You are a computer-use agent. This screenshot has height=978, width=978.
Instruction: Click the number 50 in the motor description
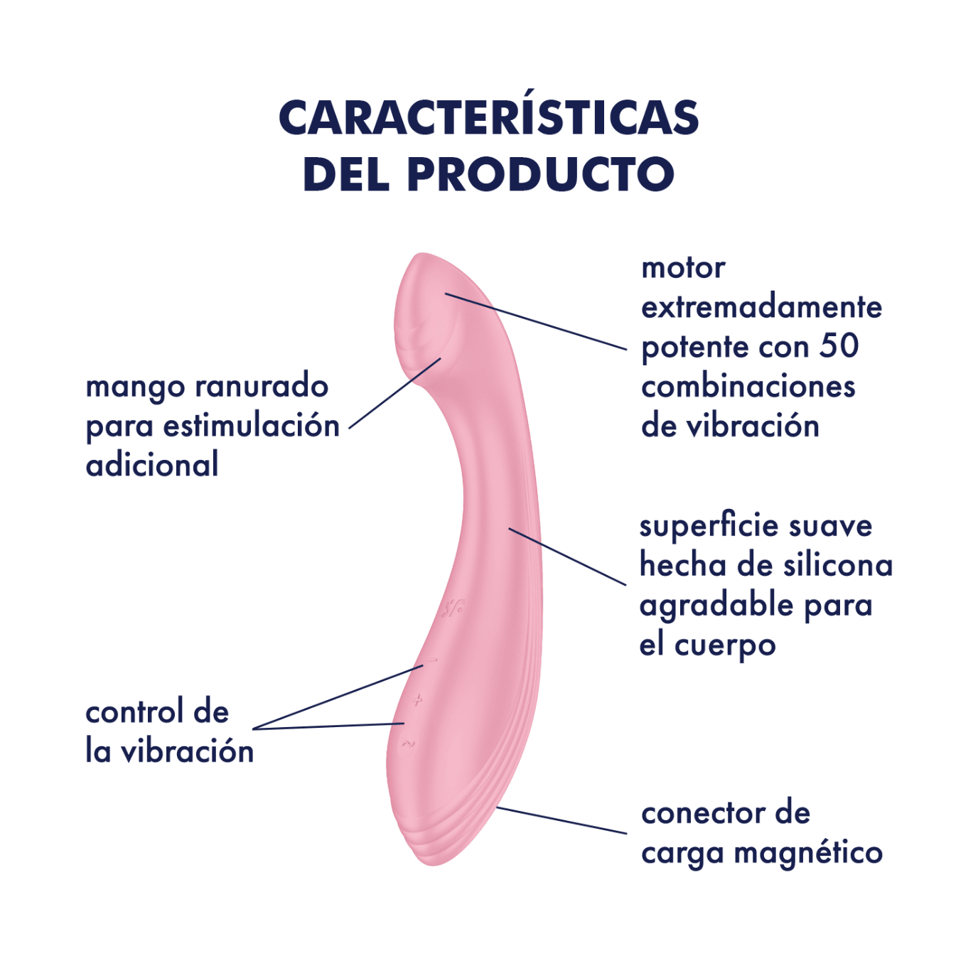(x=839, y=345)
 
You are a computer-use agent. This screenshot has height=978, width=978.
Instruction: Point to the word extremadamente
(x=761, y=307)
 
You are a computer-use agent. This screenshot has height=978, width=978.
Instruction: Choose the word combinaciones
(x=748, y=386)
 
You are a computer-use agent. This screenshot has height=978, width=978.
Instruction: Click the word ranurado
(x=262, y=386)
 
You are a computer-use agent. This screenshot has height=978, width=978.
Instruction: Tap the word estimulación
(x=251, y=425)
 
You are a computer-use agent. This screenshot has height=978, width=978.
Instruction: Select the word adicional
(x=152, y=464)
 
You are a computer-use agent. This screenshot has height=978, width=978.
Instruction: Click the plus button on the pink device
(x=417, y=702)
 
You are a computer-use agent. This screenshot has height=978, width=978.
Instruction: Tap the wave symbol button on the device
(x=408, y=744)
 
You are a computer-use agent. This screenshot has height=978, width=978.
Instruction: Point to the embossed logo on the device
(x=452, y=608)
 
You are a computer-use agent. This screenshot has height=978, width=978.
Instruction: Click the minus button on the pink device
(x=431, y=660)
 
